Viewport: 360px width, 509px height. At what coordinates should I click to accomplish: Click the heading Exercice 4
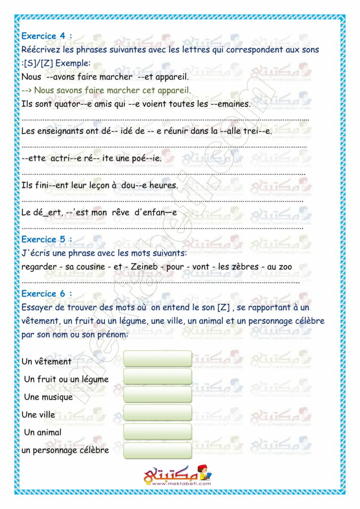pos(47,36)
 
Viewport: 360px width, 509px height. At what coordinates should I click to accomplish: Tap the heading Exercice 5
pos(47,239)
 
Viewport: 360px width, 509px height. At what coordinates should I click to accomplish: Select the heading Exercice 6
pos(47,293)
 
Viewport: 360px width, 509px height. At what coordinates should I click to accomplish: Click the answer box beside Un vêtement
pos(157,359)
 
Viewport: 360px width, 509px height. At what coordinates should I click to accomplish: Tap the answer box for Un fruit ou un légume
pos(157,377)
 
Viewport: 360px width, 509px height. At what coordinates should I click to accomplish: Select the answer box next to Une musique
pos(157,395)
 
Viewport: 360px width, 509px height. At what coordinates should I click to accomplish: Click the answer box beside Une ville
pos(157,413)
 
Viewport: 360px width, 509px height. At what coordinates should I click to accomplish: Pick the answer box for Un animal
pos(157,431)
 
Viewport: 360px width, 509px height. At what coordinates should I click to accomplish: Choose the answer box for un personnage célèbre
pos(157,450)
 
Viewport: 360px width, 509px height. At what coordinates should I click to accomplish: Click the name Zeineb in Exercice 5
pos(145,267)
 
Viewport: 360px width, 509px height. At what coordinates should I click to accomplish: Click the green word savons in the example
pos(67,90)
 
